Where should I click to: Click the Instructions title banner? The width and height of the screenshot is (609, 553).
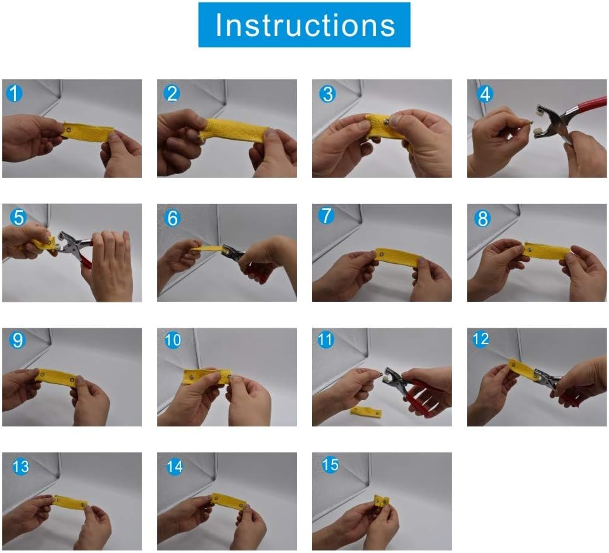coord(304,25)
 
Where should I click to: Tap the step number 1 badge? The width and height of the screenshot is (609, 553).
coord(14,94)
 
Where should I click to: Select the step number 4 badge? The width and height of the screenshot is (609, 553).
coord(486,94)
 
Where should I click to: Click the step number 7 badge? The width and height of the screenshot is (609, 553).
coord(326,216)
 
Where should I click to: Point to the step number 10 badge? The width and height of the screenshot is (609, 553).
coord(172,340)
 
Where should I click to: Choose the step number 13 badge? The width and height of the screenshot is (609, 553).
coord(21,467)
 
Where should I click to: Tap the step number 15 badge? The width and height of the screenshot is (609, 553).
coord(330,465)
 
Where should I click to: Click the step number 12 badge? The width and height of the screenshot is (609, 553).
coord(480,339)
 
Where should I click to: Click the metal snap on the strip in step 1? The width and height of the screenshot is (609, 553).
coord(68,130)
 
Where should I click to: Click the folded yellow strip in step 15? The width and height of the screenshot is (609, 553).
coord(381,502)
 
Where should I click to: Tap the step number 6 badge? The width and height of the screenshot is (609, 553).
coord(172,218)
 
